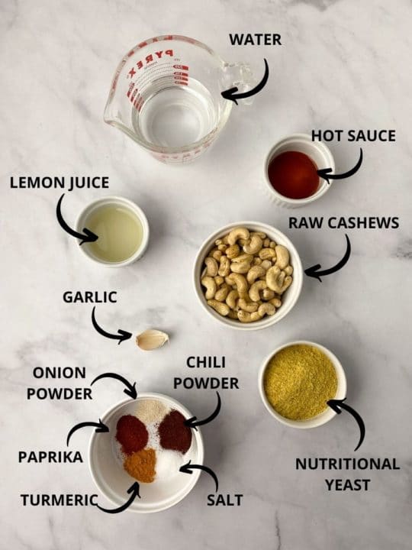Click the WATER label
(255, 39)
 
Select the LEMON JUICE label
(60, 183)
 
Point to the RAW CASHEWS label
(343, 223)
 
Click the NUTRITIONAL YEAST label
(347, 474)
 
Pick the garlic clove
(153, 338)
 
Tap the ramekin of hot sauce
(296, 173)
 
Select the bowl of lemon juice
(113, 231)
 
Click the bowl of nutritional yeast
(301, 382)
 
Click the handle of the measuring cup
(237, 75)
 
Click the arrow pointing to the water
(248, 82)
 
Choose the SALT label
(224, 500)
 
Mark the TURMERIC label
(59, 500)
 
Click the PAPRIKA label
(50, 457)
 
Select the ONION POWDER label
(60, 383)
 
